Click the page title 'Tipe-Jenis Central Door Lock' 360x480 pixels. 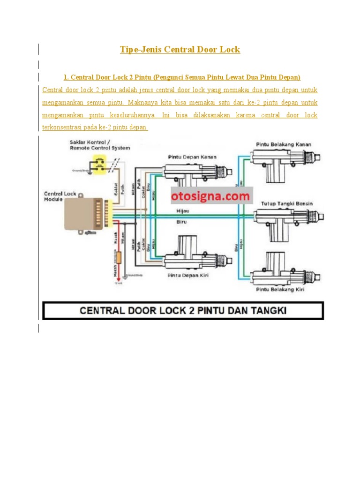tap(180, 50)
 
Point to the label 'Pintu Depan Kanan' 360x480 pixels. tap(192, 157)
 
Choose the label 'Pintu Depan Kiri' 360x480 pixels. tap(188, 276)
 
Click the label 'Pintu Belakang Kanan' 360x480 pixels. tap(283, 144)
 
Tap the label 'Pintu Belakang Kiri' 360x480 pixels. tap(280, 290)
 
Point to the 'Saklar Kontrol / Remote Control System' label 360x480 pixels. tap(100, 145)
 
